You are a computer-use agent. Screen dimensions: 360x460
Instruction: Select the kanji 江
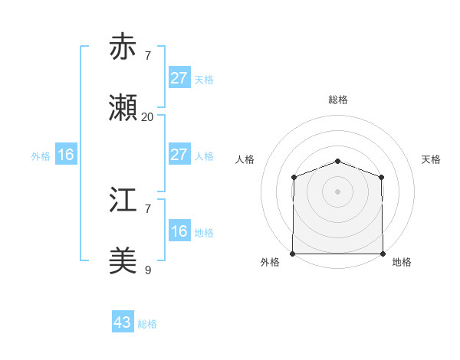click(x=124, y=201)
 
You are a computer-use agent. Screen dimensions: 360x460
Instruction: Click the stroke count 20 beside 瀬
click(x=147, y=117)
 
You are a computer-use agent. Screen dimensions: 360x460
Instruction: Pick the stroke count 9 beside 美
click(x=147, y=270)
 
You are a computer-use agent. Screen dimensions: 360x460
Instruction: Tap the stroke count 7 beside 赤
click(x=147, y=55)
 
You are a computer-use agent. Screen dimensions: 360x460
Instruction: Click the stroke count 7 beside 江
click(x=147, y=208)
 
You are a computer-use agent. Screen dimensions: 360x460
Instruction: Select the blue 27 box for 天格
click(x=179, y=78)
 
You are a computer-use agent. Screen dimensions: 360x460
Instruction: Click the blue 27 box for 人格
click(x=179, y=155)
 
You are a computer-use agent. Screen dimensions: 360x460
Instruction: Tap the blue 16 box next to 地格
click(x=179, y=231)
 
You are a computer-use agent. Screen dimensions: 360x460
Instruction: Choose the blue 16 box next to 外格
click(x=65, y=155)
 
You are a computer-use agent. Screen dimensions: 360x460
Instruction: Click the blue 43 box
click(x=122, y=322)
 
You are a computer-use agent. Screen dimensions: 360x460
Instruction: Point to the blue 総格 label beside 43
click(x=148, y=324)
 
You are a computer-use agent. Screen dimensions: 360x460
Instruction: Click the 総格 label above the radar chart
click(x=337, y=100)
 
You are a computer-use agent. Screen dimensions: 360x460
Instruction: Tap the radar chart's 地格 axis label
click(x=402, y=263)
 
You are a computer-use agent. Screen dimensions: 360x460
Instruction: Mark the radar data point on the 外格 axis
click(x=293, y=254)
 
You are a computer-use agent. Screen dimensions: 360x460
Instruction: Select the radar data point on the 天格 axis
click(x=382, y=177)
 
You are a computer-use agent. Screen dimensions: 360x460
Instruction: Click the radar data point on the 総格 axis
click(x=337, y=161)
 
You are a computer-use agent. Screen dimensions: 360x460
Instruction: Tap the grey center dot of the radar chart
click(x=337, y=191)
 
